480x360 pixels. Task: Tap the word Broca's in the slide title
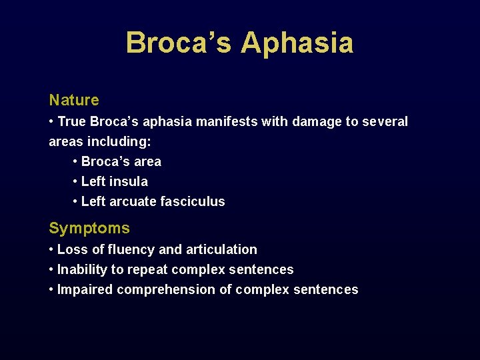point(178,43)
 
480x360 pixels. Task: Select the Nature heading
point(74,101)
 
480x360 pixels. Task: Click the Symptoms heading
point(89,229)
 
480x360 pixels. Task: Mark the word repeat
point(148,270)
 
